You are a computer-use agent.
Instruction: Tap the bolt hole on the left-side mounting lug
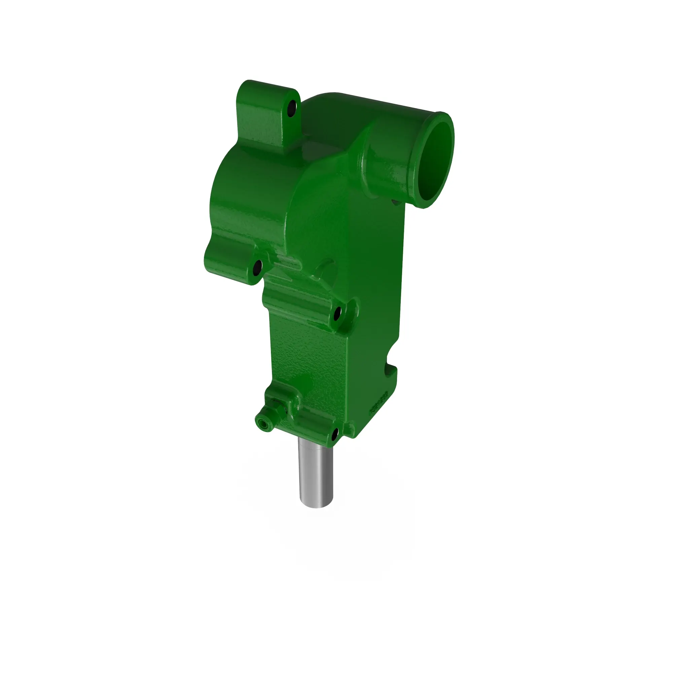(x=257, y=268)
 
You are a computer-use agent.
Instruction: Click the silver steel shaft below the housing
(x=315, y=474)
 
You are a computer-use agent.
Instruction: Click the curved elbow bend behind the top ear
(x=324, y=115)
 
